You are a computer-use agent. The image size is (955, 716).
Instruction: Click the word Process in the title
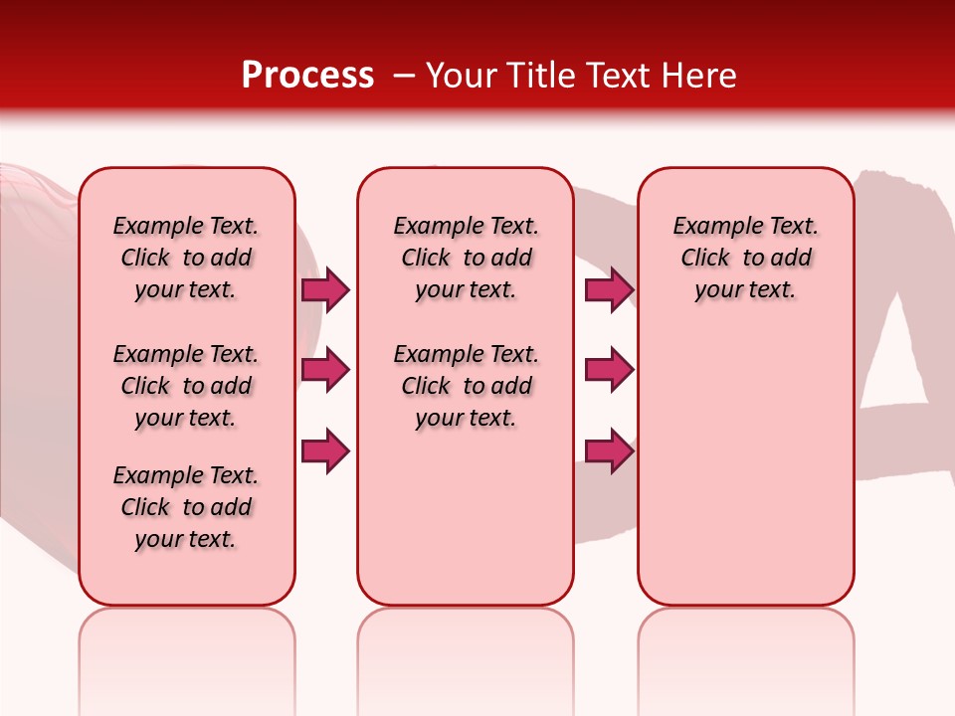(307, 76)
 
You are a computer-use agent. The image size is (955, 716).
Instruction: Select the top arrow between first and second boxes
(325, 289)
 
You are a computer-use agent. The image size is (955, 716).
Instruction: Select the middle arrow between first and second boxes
(325, 370)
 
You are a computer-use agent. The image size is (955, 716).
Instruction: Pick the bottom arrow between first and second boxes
(325, 450)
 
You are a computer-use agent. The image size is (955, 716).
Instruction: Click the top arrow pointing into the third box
(609, 289)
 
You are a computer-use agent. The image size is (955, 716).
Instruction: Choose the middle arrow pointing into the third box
(609, 370)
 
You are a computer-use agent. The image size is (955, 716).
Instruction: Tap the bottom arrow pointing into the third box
(609, 450)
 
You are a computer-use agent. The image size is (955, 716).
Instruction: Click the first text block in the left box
(186, 258)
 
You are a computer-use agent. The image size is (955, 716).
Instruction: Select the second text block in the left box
(186, 386)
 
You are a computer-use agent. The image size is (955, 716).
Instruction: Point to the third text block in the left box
(186, 507)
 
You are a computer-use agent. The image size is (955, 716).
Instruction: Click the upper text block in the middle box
(466, 258)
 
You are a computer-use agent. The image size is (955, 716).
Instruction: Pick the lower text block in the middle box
(466, 386)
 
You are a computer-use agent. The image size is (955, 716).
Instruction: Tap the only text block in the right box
(745, 258)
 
